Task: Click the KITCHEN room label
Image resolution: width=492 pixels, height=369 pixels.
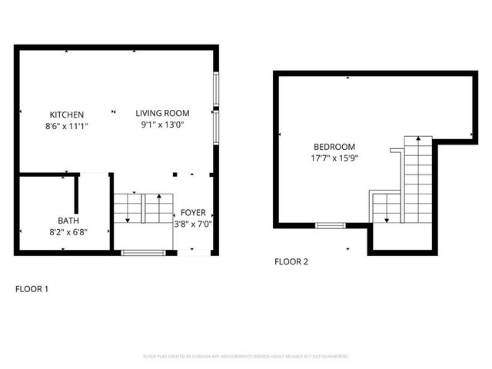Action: (67, 115)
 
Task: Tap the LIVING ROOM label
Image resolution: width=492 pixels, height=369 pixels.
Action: (162, 113)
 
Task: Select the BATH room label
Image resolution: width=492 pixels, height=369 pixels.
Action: (67, 220)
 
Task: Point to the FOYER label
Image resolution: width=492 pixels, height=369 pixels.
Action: (192, 213)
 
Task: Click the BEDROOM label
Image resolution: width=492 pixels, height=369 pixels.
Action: (334, 147)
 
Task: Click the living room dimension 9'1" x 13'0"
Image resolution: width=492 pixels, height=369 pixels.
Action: (162, 124)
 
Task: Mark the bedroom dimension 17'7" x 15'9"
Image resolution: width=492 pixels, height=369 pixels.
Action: (334, 158)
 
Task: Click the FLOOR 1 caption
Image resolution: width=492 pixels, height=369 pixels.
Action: (32, 289)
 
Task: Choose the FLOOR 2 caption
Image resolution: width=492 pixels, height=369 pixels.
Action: (291, 261)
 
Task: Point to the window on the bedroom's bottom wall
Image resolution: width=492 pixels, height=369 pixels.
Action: (331, 225)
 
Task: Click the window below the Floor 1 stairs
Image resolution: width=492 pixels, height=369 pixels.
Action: (143, 252)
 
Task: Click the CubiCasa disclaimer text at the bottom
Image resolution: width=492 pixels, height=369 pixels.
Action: (246, 357)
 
